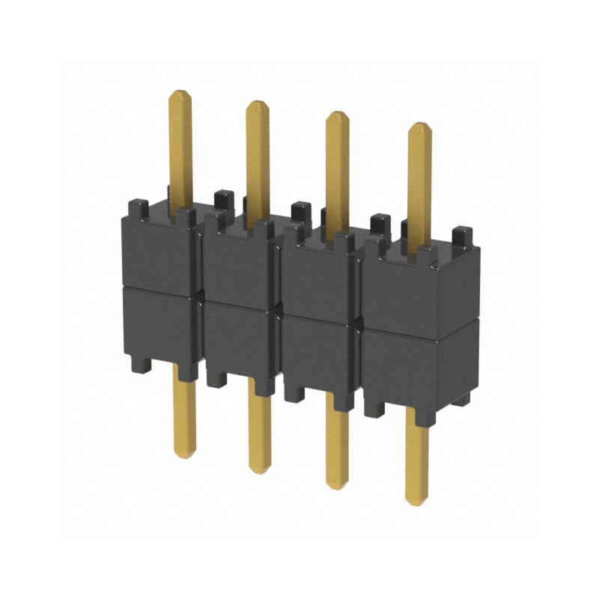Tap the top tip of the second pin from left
[258, 103]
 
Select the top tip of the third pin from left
[338, 115]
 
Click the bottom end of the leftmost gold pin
[184, 454]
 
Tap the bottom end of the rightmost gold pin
[417, 502]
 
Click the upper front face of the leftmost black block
[157, 255]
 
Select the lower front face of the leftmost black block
[157, 326]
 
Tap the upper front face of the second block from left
[238, 266]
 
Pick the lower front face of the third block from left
[318, 352]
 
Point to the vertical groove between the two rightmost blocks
[359, 322]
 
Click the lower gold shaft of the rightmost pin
[417, 457]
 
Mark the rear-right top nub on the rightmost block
[462, 233]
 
